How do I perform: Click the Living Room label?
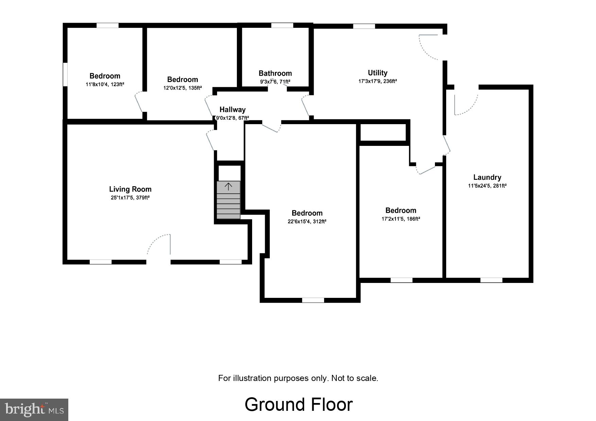pos(130,189)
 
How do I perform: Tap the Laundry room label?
pos(487,177)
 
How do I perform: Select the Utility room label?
pos(378,73)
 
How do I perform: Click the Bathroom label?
pos(275,73)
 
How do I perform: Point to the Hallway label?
pos(232,110)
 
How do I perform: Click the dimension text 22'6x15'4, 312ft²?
pos(307,222)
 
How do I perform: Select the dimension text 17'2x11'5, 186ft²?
pos(401,219)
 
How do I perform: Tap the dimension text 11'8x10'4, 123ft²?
pos(105,84)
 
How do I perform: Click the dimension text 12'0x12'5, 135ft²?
pos(182,88)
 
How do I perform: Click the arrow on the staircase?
pos(228,186)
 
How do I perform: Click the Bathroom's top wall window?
pos(282,25)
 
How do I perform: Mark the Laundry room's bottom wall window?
pos(491,280)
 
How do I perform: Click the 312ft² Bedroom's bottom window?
pos(313,300)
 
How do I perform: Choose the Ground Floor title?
pos(298,404)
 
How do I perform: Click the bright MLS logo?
pos(34,409)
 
